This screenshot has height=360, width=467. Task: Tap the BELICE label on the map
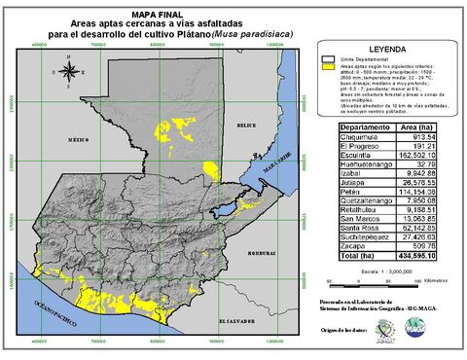coord(245,126)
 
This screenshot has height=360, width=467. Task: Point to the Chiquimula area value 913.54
coord(428,137)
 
